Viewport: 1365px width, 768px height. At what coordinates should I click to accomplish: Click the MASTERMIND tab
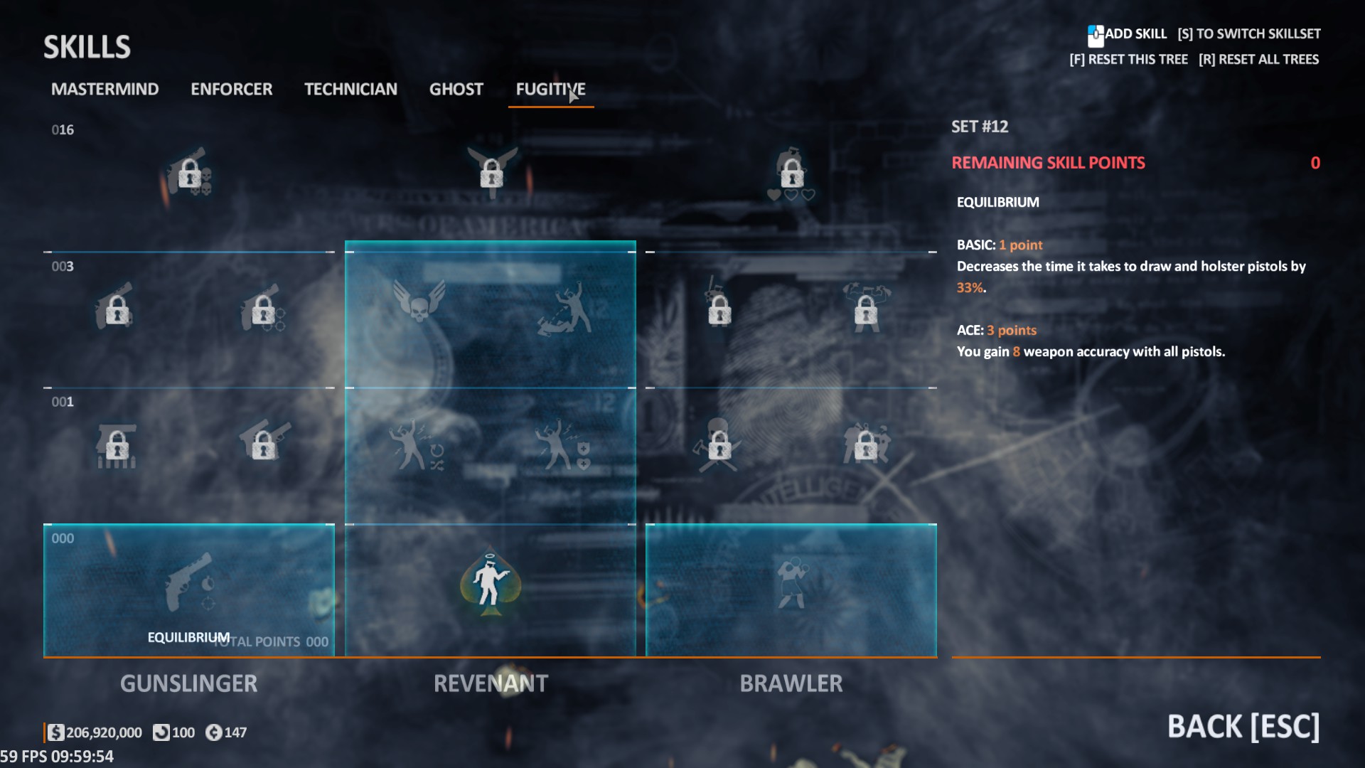pyautogui.click(x=105, y=89)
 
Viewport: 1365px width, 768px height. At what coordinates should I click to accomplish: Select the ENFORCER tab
pyautogui.click(x=231, y=89)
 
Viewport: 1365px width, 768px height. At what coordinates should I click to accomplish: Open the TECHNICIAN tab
pyautogui.click(x=350, y=89)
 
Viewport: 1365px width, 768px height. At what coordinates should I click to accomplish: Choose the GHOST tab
pyautogui.click(x=456, y=89)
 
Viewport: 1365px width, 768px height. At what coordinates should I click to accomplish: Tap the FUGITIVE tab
pyautogui.click(x=550, y=89)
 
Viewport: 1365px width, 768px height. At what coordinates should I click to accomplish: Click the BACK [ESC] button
pyautogui.click(x=1243, y=727)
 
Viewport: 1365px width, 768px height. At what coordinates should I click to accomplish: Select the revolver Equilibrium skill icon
pyautogui.click(x=189, y=583)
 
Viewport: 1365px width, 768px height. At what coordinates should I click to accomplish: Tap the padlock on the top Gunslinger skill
pyautogui.click(x=189, y=174)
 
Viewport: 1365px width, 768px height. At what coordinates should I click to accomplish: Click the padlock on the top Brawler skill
pyautogui.click(x=791, y=173)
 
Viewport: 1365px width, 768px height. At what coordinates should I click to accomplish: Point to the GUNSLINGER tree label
pyautogui.click(x=188, y=683)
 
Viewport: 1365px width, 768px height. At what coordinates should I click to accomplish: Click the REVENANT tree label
pyautogui.click(x=491, y=683)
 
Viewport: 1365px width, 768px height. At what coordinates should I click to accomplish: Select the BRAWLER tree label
pyautogui.click(x=791, y=683)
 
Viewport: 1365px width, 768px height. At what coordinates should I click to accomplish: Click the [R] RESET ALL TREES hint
pyautogui.click(x=1258, y=60)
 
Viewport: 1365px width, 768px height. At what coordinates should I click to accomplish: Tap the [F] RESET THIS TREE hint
pyautogui.click(x=1128, y=60)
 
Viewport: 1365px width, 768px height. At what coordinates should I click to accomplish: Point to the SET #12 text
pyautogui.click(x=980, y=127)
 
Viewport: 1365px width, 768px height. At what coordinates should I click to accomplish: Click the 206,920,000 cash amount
pyautogui.click(x=104, y=732)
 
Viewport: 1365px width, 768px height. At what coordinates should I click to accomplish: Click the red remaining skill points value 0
pyautogui.click(x=1315, y=163)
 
